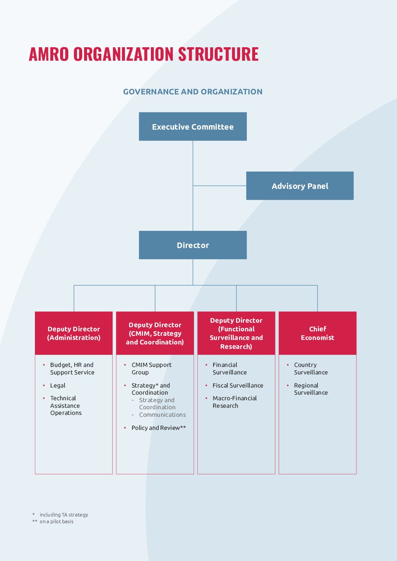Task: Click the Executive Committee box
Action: pos(192,127)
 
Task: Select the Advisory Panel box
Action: pos(300,186)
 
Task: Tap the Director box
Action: pos(192,245)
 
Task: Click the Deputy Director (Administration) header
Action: pos(74,333)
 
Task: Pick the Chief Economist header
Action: pos(317,333)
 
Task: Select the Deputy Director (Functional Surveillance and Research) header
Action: pos(236,333)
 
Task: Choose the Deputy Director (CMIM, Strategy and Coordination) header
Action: pos(155,333)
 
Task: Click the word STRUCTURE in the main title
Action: pos(218,54)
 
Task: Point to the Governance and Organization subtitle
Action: pos(192,92)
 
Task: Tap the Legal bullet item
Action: pos(58,386)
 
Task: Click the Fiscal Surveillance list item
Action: pos(238,386)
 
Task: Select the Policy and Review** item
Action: pos(158,428)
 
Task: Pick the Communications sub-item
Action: pos(162,415)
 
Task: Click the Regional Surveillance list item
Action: pos(311,389)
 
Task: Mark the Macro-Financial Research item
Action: pos(235,402)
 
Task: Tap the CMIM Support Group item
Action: pos(151,369)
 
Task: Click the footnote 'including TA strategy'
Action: pos(64,515)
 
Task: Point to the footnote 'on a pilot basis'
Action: pos(56,522)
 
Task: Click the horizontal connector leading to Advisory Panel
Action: pos(220,186)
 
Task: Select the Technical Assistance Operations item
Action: pos(66,405)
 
